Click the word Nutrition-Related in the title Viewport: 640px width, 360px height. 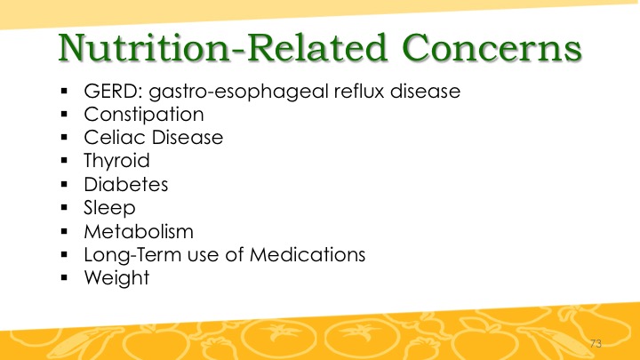click(223, 47)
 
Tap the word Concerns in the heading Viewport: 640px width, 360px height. click(492, 47)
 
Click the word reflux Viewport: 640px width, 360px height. click(359, 91)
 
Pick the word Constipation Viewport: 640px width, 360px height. click(144, 115)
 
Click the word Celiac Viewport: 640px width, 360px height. click(115, 137)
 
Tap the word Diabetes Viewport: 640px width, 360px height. click(125, 185)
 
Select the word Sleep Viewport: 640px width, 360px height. click(109, 209)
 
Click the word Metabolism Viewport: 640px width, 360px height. click(139, 232)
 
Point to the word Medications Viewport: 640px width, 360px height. click(308, 255)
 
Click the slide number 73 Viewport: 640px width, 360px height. click(596, 344)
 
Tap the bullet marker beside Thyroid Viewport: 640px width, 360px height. click(64, 161)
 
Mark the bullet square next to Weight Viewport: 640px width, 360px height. click(64, 278)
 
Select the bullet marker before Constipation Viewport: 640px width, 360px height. click(64, 115)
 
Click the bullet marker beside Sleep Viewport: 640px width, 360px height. click(64, 208)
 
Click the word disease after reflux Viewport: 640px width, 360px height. click(425, 91)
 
